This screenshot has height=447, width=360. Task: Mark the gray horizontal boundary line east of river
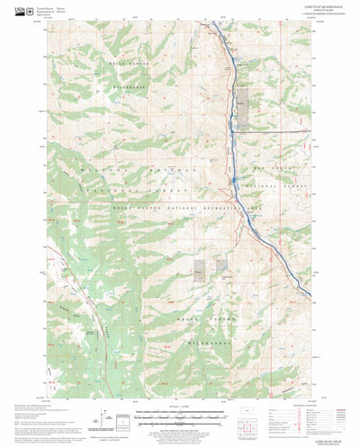tap(279, 130)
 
